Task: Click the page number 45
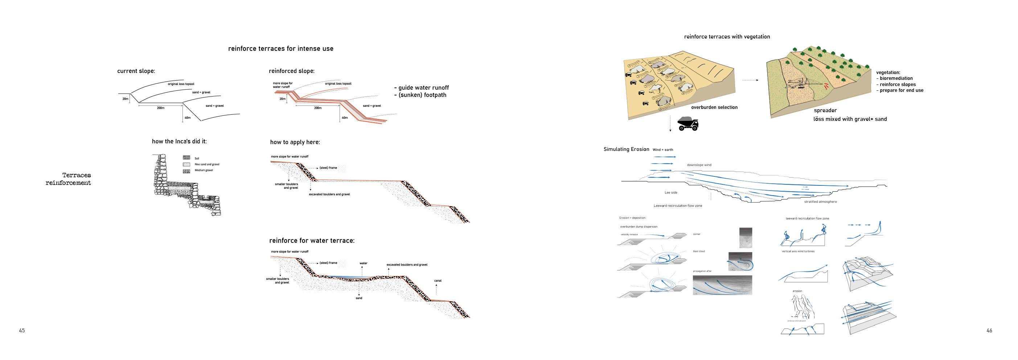(x=22, y=330)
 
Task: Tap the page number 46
(x=989, y=330)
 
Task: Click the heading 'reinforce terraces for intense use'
(x=280, y=49)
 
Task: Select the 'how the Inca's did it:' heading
(x=179, y=142)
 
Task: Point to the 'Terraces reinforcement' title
(x=68, y=179)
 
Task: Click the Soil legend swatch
(x=186, y=157)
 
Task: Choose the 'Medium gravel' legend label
(x=204, y=170)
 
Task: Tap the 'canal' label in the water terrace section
(x=438, y=281)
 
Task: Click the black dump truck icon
(x=687, y=124)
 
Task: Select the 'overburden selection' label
(x=714, y=107)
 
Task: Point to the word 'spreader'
(x=825, y=111)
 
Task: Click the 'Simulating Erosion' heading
(x=626, y=150)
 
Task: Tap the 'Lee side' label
(x=671, y=193)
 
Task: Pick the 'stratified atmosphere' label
(x=820, y=202)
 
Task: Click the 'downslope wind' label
(x=699, y=165)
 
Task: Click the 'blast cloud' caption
(x=699, y=251)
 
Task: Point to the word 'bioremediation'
(x=896, y=78)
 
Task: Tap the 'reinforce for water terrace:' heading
(x=312, y=241)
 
